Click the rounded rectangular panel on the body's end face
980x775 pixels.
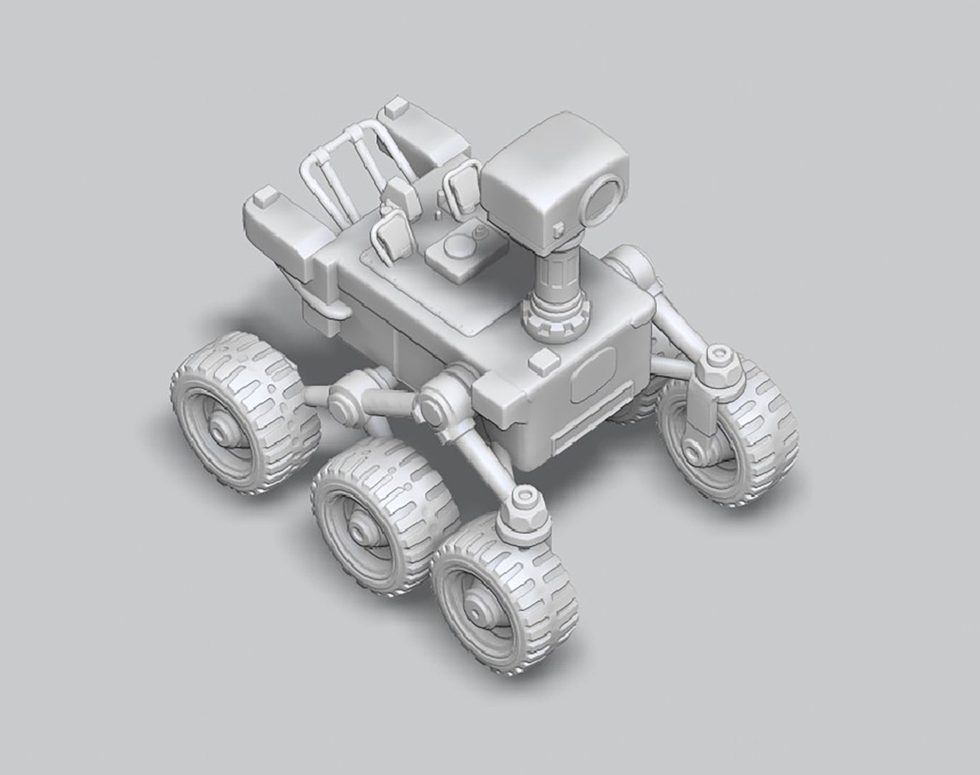pyautogui.click(x=593, y=379)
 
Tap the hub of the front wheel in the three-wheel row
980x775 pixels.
pyautogui.click(x=475, y=609)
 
